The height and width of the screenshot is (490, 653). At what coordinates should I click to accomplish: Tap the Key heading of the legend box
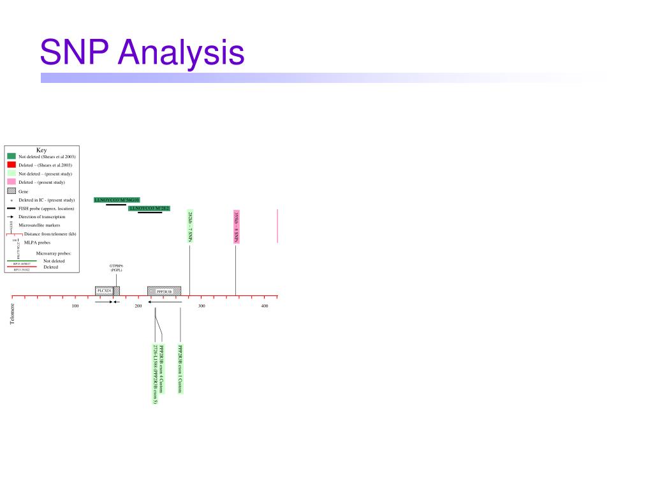coord(41,150)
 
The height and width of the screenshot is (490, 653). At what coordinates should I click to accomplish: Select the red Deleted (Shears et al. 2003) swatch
coord(11,165)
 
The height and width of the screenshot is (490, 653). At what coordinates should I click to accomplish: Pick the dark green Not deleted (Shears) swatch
coord(11,156)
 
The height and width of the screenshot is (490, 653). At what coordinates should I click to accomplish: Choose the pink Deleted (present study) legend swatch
coord(11,182)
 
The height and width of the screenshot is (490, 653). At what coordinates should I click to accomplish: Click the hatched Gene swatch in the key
coord(11,191)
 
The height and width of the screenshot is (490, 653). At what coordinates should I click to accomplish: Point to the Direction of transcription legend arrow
coord(11,217)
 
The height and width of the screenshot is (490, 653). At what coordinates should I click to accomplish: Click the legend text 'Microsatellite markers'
coord(39,225)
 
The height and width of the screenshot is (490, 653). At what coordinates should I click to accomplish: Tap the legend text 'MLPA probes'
coord(37,242)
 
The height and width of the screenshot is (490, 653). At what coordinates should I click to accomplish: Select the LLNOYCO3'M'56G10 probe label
coord(117,200)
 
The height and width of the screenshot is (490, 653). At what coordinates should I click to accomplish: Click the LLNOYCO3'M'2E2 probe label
coord(149,208)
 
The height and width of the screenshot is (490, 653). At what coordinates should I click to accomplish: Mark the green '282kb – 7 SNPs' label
coord(190,226)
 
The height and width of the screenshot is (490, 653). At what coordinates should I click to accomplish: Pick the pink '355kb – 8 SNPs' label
coord(236,226)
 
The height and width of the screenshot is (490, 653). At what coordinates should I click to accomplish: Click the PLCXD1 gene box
coord(104,291)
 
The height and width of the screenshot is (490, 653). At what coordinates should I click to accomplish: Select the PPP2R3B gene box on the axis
coord(165,291)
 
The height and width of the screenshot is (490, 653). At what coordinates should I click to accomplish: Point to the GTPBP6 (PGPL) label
coord(116,267)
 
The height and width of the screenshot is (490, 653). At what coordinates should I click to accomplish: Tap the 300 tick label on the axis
coord(202,307)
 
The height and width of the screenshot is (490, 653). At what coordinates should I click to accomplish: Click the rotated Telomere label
coord(11,313)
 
